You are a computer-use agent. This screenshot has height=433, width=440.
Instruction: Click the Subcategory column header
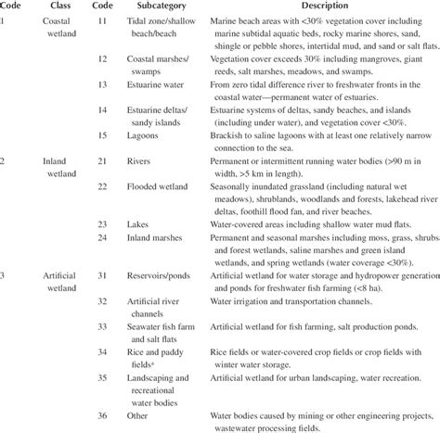click(x=178, y=7)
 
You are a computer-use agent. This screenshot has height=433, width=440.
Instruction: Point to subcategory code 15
click(x=105, y=139)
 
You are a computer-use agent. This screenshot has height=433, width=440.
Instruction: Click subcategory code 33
click(x=105, y=327)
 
